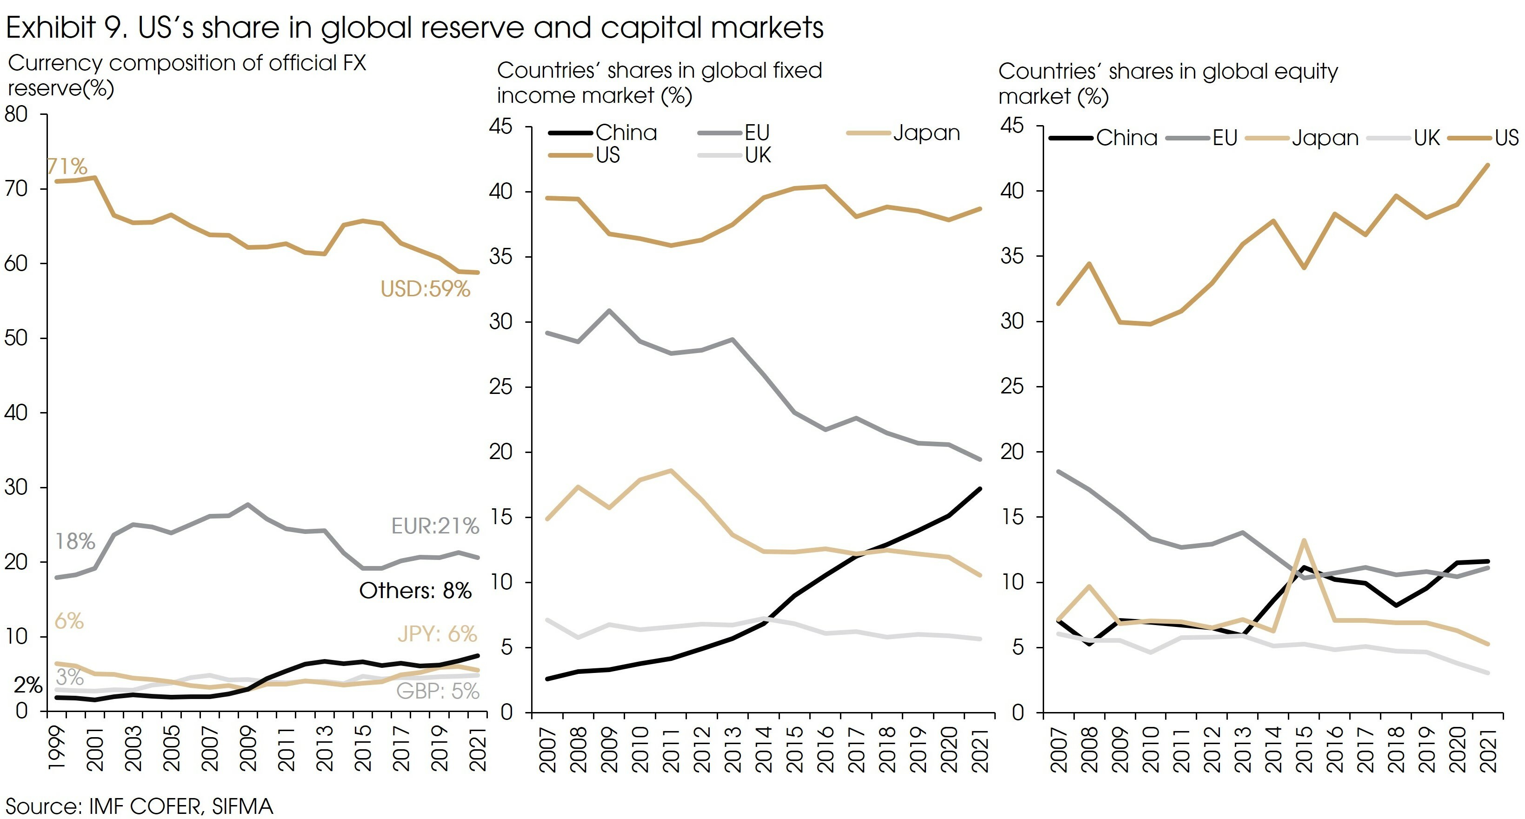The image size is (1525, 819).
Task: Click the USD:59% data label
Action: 425,289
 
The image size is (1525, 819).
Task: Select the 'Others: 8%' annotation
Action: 415,590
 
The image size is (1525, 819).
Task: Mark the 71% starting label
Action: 67,166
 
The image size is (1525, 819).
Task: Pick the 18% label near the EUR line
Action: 75,541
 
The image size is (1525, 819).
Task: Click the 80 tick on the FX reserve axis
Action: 17,114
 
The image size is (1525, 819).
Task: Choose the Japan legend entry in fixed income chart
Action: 926,133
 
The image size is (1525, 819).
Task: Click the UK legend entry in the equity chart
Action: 1426,138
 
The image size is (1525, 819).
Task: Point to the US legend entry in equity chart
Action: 1506,138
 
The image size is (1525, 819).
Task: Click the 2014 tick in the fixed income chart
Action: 764,749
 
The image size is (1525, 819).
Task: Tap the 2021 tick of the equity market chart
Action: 1489,749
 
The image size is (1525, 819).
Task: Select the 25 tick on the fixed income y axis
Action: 501,387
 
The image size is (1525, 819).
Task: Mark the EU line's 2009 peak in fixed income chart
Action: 609,310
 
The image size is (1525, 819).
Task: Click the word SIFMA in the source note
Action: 243,806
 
